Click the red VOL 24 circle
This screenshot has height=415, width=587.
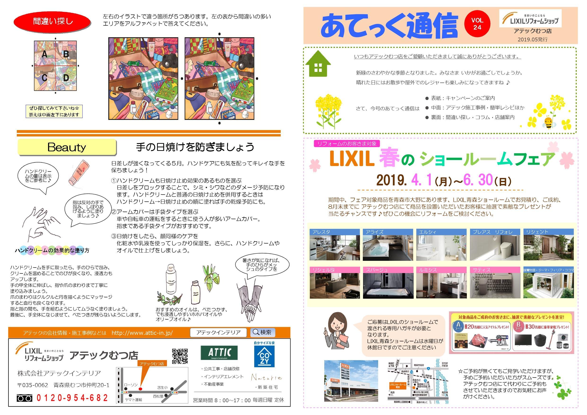pos(477,24)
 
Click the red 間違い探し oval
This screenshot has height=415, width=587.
pos(52,21)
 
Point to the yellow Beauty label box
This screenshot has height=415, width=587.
pos(67,147)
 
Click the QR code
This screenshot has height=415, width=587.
pos(180,356)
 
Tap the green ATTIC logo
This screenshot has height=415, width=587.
pos(219,353)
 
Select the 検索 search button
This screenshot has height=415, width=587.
pos(262,332)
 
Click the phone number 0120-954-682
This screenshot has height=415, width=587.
pos(72,398)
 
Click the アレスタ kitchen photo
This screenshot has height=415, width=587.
pos(334,247)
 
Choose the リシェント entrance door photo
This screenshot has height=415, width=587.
pos(549,247)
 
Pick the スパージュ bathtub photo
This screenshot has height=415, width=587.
pos(388,285)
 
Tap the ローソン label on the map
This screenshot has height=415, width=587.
pos(131,385)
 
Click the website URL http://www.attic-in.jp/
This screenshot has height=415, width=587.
pos(142,333)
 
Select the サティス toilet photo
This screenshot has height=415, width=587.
pos(495,285)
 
